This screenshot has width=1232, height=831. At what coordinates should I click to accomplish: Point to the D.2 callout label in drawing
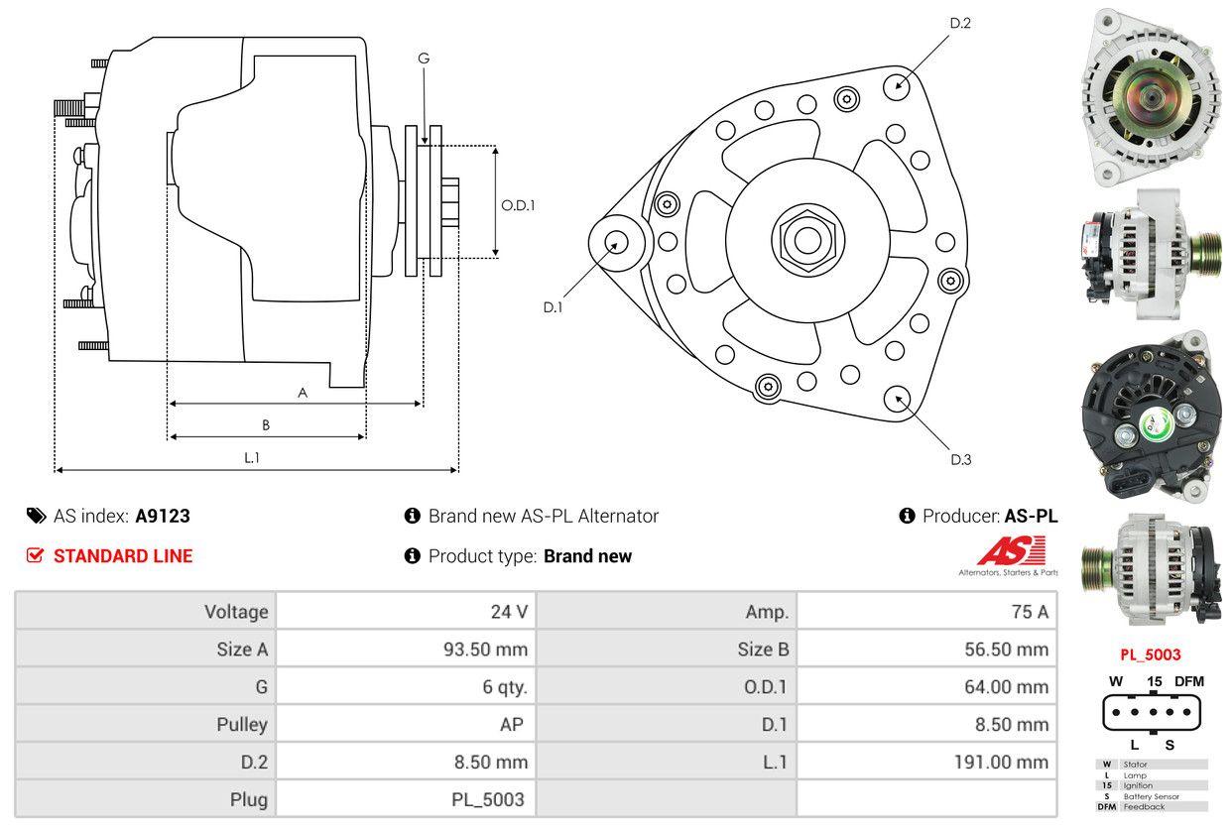tap(960, 23)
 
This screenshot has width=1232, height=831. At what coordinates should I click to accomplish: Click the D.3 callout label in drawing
tap(960, 459)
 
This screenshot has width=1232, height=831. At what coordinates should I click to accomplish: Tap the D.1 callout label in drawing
tap(553, 307)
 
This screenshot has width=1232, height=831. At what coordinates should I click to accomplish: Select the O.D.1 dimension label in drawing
tap(518, 206)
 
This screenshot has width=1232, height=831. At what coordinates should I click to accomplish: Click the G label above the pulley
tap(424, 59)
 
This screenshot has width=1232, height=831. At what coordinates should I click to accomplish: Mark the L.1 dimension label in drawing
tap(252, 457)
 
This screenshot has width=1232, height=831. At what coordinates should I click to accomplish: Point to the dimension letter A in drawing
tap(303, 393)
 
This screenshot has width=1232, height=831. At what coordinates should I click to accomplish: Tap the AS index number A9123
tap(163, 516)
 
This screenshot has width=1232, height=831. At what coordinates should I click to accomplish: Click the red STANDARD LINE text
tap(123, 556)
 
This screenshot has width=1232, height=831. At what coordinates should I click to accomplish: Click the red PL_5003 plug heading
tap(1151, 654)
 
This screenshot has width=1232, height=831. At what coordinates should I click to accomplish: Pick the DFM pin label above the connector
tap(1188, 681)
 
